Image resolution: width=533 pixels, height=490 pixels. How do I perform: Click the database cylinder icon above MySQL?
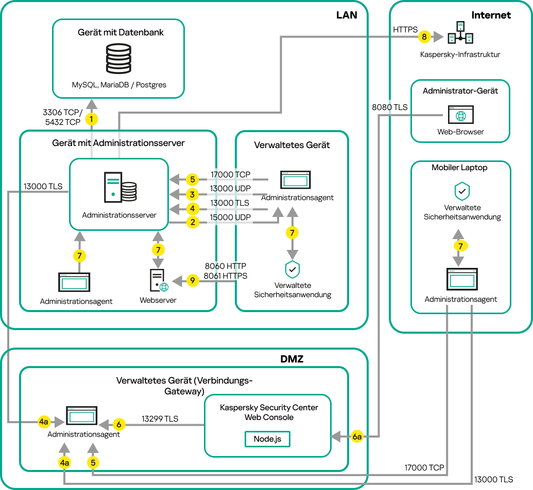[x=118, y=60]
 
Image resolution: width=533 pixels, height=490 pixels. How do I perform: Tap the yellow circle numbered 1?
[x=92, y=119]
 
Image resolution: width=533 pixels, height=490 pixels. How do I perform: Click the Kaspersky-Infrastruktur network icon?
[x=460, y=33]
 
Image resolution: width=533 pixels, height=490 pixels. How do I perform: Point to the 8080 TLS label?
[x=390, y=107]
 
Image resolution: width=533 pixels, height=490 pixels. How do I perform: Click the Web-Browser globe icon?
[x=460, y=116]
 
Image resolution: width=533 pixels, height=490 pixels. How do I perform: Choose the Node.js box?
[x=267, y=439]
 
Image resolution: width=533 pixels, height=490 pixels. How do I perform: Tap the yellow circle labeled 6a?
[x=358, y=437]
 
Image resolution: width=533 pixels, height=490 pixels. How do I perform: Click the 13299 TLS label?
[x=161, y=419]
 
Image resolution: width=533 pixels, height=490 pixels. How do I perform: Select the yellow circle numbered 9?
[x=192, y=281]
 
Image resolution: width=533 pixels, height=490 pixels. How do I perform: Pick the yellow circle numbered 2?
[x=192, y=222]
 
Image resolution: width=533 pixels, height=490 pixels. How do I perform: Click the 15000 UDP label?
[x=230, y=217]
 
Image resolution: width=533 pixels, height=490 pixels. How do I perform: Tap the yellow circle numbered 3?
[x=192, y=194]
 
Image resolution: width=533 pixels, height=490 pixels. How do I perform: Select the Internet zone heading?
[x=491, y=15]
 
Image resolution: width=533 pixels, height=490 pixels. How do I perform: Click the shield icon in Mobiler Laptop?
[x=461, y=192]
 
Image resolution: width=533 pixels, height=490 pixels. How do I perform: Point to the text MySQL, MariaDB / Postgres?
[x=119, y=85]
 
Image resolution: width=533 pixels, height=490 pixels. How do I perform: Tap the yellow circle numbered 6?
[x=119, y=425]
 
